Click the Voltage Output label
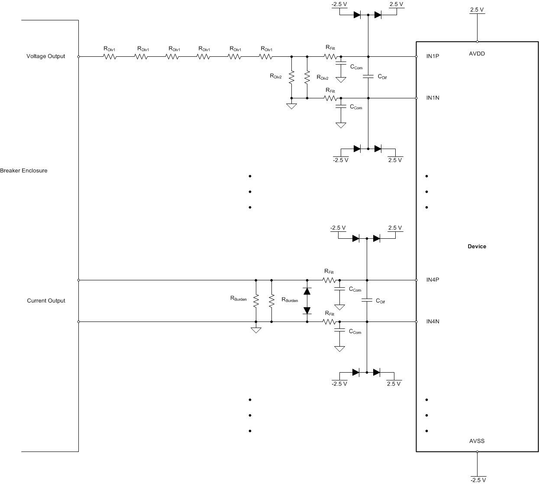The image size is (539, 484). tap(45, 56)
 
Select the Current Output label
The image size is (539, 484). tap(46, 301)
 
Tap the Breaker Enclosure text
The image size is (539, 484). tap(24, 171)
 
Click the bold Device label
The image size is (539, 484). tap(477, 247)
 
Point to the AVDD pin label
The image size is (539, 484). tap(477, 54)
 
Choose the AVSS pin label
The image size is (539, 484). tap(477, 441)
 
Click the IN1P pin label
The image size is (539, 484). tap(432, 56)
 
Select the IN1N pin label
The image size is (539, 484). tap(432, 98)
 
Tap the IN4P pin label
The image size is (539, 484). tap(432, 280)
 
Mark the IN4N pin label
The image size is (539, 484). tap(432, 322)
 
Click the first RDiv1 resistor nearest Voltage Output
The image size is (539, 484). tap(110, 56)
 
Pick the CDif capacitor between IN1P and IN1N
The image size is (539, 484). tap(368, 77)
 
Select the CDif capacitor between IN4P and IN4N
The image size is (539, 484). tap(367, 300)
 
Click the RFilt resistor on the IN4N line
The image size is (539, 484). tap(329, 322)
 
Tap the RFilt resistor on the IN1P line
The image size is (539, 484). tap(330, 56)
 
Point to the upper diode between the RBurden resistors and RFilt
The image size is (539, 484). tap(307, 291)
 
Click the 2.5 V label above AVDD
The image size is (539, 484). tap(477, 10)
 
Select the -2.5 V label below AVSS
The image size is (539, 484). tap(478, 480)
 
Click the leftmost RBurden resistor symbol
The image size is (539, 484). tap(256, 301)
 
